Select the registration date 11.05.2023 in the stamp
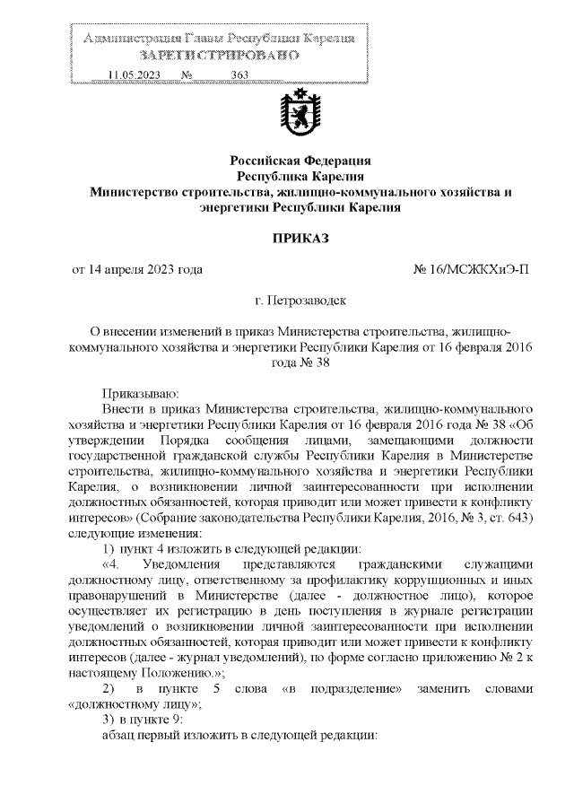click(x=133, y=75)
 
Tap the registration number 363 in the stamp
click(x=239, y=75)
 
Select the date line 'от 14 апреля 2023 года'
click(x=136, y=269)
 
